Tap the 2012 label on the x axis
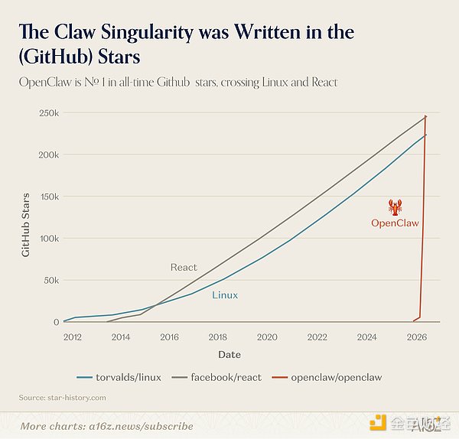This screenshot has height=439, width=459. (x=73, y=337)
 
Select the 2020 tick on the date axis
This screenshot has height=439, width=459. (x=267, y=337)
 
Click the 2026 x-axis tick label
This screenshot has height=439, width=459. (x=416, y=337)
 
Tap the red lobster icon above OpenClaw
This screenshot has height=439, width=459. (x=396, y=206)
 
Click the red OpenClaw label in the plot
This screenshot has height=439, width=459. (x=395, y=223)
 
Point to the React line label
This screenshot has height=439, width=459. (x=184, y=267)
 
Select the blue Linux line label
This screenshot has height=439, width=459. (x=225, y=294)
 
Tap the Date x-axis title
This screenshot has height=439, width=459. (x=229, y=354)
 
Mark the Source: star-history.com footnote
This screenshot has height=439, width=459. (x=62, y=398)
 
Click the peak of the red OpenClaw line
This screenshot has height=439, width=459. (x=425, y=115)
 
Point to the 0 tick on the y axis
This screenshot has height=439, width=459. (x=56, y=322)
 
